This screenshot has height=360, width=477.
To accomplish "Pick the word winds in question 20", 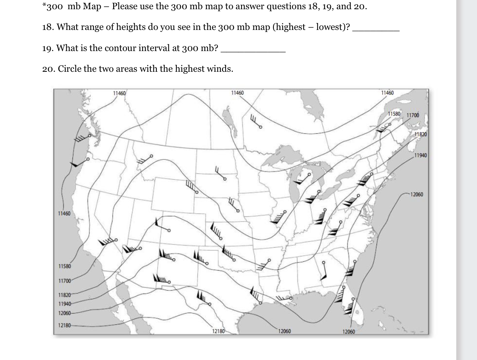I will click(x=221, y=69).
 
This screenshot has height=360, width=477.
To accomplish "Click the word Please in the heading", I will click(x=125, y=7).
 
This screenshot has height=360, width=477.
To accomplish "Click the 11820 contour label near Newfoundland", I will click(x=421, y=134).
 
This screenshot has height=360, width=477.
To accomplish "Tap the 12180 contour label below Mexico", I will click(x=218, y=331).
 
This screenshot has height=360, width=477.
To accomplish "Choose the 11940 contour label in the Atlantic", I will click(x=421, y=155).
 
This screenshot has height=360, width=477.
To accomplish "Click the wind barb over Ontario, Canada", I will click(x=256, y=121).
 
